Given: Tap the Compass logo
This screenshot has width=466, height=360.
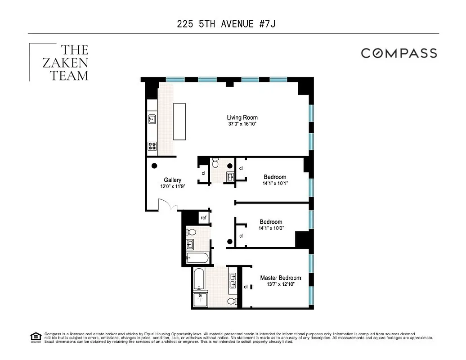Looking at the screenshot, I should pos(399,53).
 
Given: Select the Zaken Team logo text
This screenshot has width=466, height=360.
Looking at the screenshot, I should pos(68,62).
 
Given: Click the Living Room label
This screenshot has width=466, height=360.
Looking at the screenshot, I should pos(242,117).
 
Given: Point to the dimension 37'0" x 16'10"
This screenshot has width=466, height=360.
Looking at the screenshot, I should pos(242,124).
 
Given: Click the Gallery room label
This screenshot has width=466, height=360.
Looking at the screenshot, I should pos(172,180).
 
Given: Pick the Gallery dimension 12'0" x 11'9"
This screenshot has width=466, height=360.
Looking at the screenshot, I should pos(172,186).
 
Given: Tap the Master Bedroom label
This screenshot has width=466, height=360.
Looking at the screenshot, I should pos(280,278).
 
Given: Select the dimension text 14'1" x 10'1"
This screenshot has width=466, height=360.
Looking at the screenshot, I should pos(275,183).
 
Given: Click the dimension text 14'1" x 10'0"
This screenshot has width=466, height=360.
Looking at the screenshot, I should pos(271,228).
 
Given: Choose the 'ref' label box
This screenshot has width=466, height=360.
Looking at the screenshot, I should pos(204,218).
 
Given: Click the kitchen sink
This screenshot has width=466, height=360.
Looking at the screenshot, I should pos(152,119).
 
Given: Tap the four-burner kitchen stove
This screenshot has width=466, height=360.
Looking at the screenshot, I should pos(152,145).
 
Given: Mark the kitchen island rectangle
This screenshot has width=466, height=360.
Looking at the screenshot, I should pos(179,122).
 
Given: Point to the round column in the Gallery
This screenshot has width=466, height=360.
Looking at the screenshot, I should pos(154,165).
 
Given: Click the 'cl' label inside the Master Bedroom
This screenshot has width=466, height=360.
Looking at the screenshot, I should pos(246,287).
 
